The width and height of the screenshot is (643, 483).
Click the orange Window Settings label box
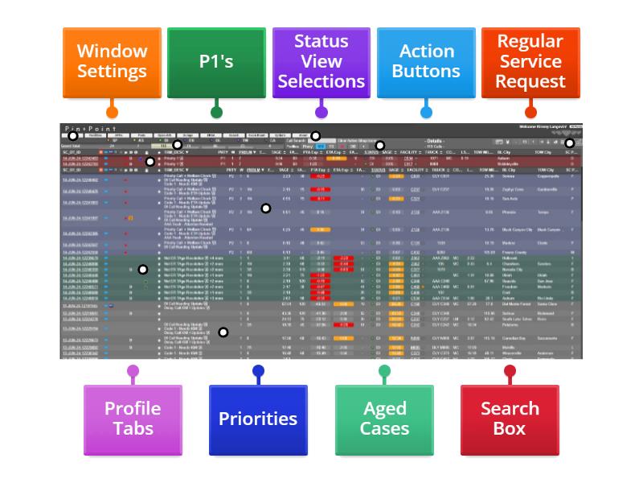tap(112, 62)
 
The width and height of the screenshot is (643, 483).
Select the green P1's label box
tap(216, 62)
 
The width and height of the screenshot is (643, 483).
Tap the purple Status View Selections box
tap(321, 62)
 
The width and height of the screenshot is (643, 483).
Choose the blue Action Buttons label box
tap(426, 62)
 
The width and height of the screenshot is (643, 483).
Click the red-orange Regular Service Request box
tap(530, 62)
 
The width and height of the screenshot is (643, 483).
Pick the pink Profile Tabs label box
tap(133, 419)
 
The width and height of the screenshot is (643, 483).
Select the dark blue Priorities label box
tap(258, 419)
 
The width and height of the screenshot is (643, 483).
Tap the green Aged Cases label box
tap(384, 419)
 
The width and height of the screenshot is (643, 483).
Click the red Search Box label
tap(510, 419)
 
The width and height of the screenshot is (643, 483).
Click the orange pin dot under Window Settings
tap(112, 113)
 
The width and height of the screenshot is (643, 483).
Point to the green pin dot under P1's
tap(216, 113)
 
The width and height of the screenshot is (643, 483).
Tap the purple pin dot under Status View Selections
tap(321, 113)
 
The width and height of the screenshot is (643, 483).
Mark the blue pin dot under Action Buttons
tap(426, 113)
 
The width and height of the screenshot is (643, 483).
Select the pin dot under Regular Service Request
tap(530, 113)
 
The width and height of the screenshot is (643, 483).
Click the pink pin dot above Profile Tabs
tap(133, 371)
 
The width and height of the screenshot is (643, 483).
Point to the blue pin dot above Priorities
tap(258, 371)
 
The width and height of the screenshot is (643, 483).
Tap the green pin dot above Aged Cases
tap(384, 371)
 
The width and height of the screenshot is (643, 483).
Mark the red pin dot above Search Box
tap(510, 371)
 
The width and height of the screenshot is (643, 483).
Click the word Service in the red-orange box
tap(530, 61)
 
